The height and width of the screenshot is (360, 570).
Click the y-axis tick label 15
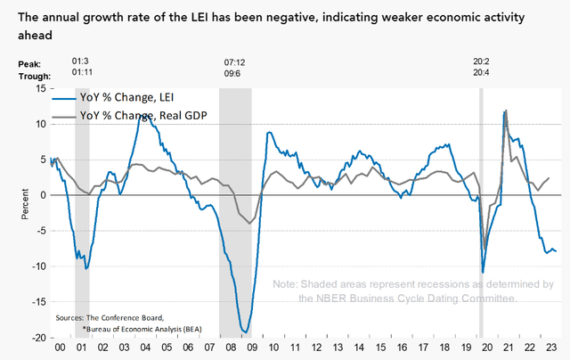tap(41, 88)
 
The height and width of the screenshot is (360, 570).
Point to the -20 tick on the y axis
tap(39, 338)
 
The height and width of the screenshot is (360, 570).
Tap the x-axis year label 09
tap(252, 348)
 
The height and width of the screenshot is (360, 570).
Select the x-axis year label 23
tap(551, 348)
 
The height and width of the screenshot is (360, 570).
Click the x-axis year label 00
tap(60, 348)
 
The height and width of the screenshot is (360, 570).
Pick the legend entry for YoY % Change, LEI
tap(113, 97)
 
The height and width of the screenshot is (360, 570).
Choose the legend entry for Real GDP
tap(130, 116)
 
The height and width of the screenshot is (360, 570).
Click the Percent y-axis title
tap(25, 204)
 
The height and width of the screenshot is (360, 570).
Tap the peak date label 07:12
tap(234, 62)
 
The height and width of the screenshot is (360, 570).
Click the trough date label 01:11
tap(82, 72)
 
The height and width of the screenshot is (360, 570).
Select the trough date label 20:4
tap(481, 73)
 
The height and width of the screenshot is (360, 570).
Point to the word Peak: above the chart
tap(29, 64)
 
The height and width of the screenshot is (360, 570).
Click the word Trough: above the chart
tap(35, 77)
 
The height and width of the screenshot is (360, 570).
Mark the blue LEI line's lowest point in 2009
tap(246, 332)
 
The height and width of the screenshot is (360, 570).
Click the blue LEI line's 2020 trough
tap(483, 273)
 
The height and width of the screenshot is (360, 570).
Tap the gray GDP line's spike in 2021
tap(507, 110)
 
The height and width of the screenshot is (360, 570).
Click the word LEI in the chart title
tap(199, 17)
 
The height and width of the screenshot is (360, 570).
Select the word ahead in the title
tap(36, 36)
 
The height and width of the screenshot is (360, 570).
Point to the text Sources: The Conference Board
tap(110, 318)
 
